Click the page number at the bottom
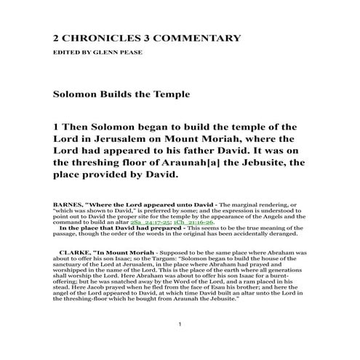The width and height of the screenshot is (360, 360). point(179,342)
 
